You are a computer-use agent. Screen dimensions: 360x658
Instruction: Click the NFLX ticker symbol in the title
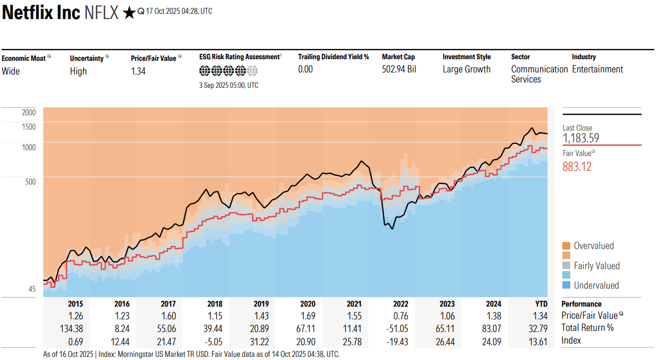[x=101, y=13]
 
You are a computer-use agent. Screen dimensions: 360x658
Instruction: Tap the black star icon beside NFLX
[x=128, y=13]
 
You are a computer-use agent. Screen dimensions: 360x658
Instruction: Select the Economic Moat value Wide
[x=11, y=71]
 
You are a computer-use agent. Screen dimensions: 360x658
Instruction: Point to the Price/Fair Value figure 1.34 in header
[x=138, y=71]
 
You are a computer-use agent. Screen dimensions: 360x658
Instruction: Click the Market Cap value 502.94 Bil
[x=399, y=69]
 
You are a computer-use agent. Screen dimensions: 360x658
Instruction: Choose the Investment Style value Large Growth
[x=466, y=69]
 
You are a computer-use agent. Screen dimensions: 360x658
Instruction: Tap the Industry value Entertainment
[x=597, y=69]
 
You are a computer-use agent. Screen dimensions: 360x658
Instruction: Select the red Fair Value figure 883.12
[x=577, y=167]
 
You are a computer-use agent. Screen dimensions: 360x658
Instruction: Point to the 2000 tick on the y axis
[x=29, y=112]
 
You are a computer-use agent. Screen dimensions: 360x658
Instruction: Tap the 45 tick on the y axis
[x=32, y=289]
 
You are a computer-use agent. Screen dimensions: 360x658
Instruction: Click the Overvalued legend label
[x=594, y=246]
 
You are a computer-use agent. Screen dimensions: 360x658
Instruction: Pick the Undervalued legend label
[x=596, y=285]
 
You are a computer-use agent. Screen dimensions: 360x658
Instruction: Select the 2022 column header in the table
[x=401, y=304]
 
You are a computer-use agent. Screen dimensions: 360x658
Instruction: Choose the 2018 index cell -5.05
[x=214, y=340]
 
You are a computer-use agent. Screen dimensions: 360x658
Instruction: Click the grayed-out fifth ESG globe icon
[x=253, y=70]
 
